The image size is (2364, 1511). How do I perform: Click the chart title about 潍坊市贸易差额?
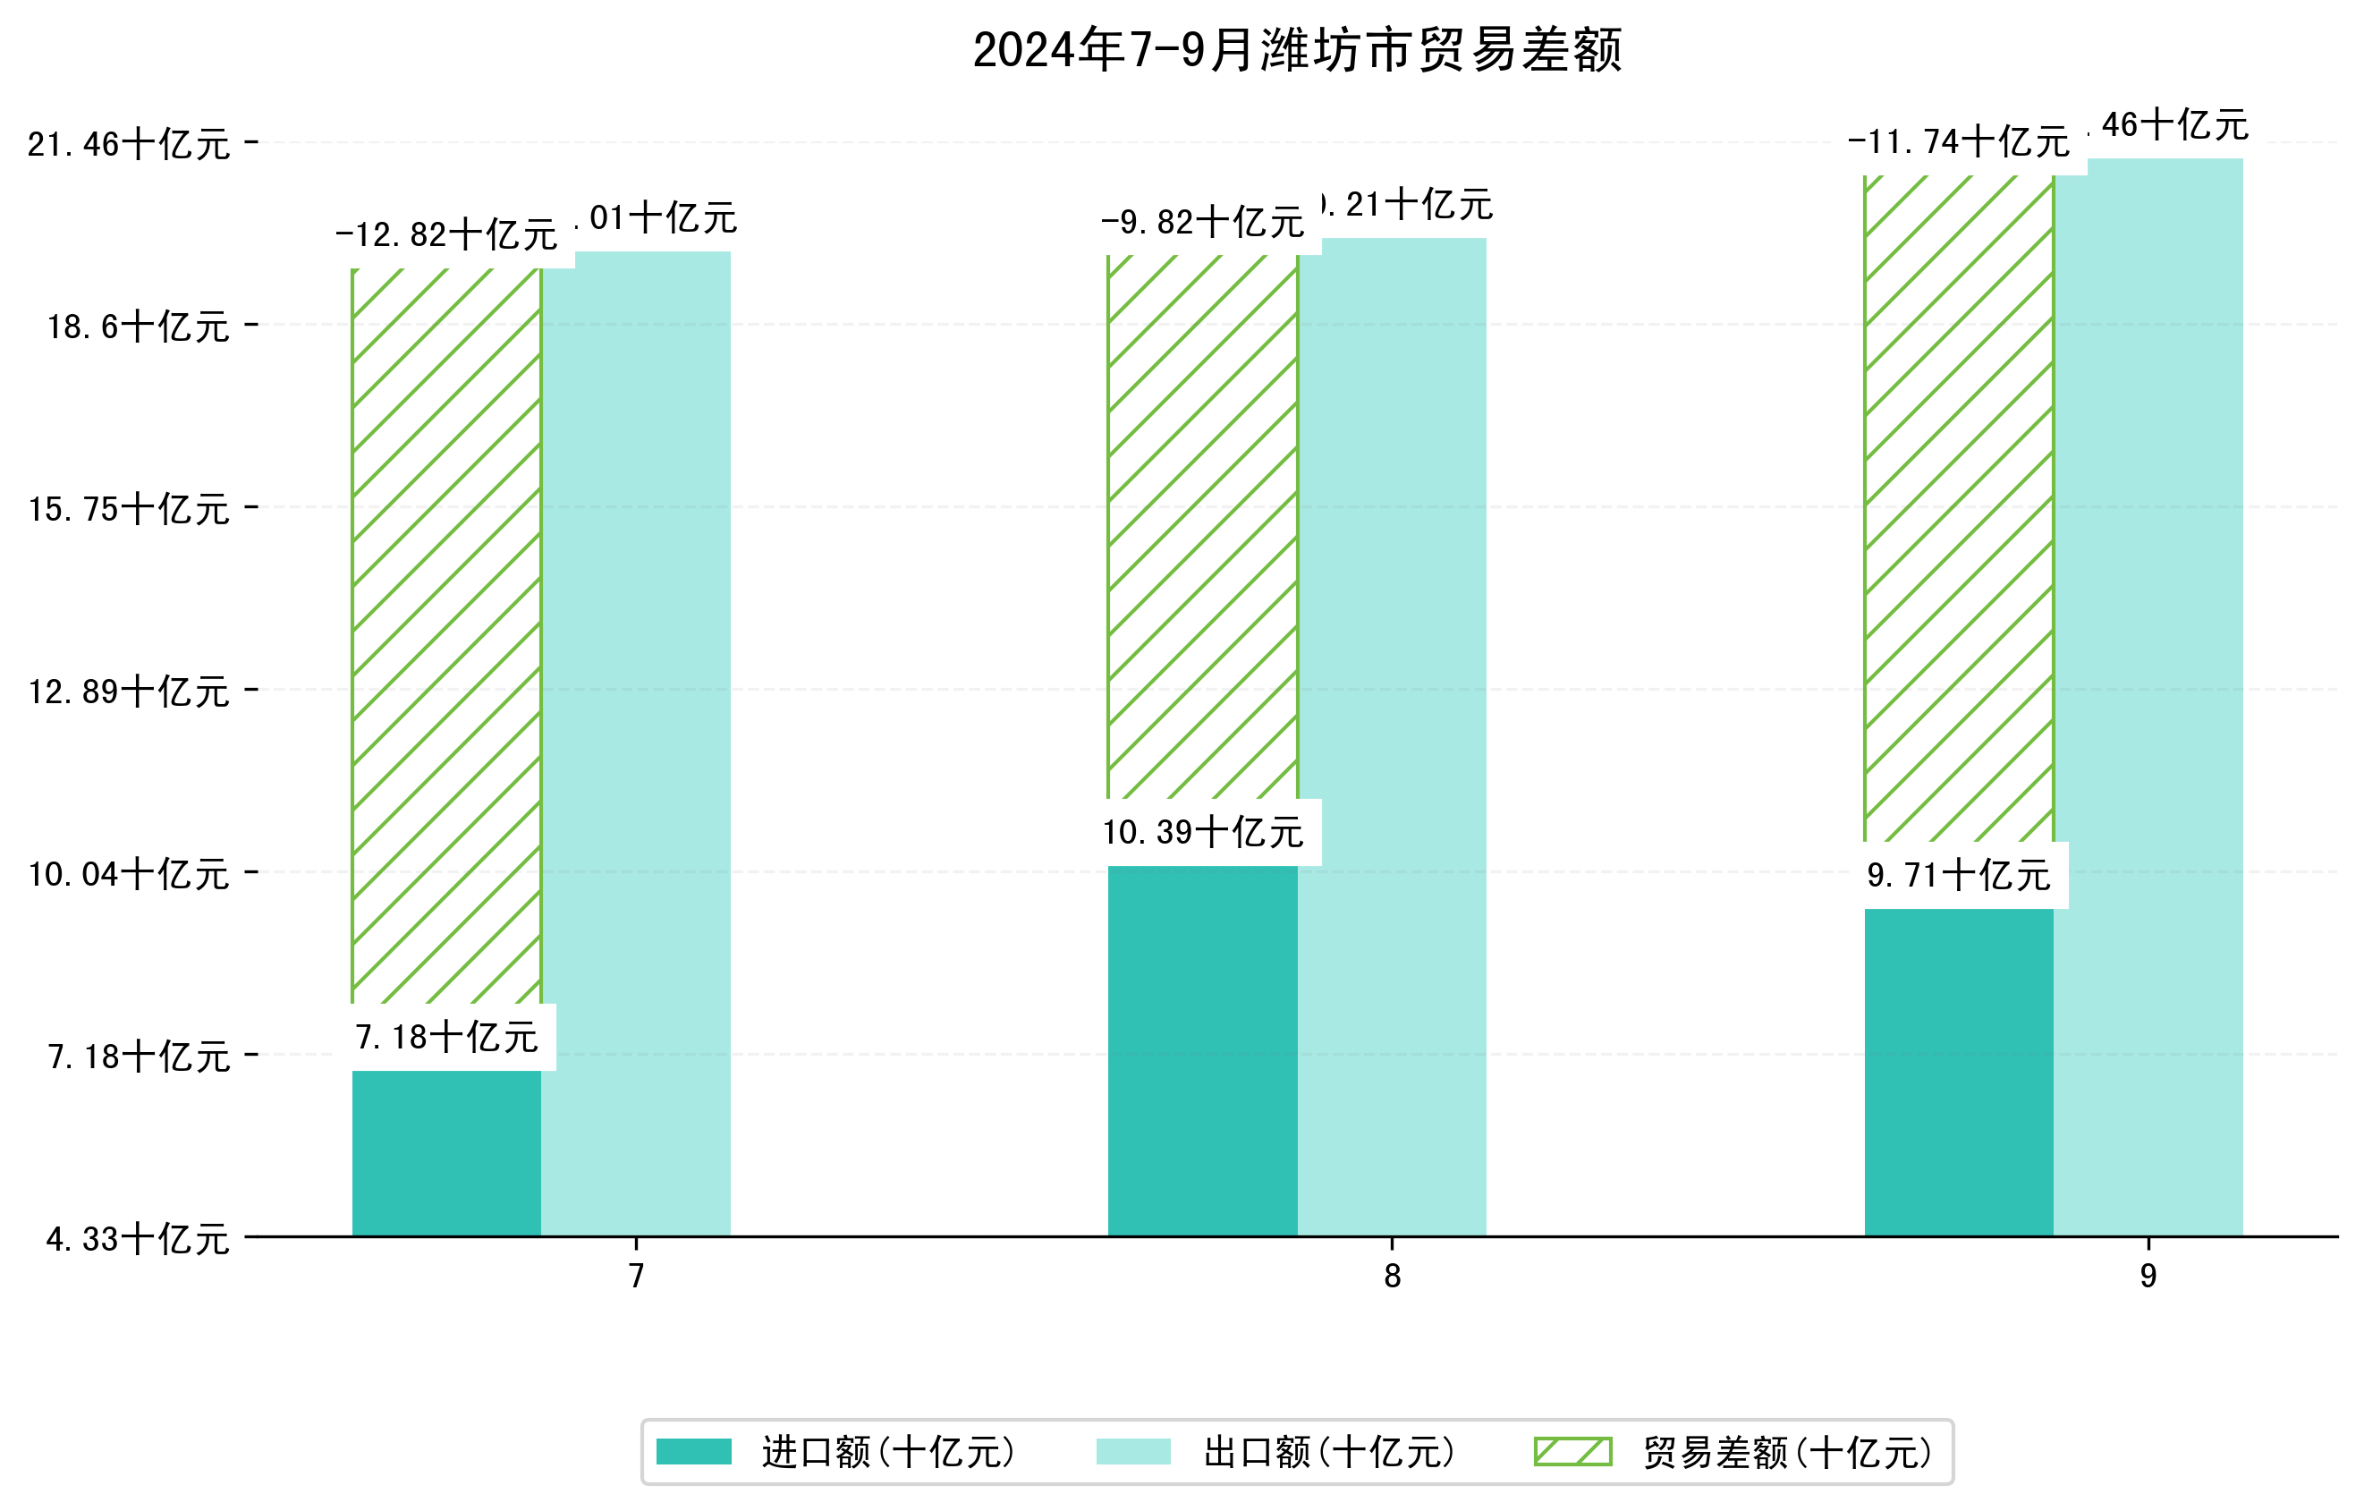click(1296, 51)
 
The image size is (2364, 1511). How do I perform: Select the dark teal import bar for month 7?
click(446, 1154)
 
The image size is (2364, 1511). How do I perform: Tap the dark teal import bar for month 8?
click(1203, 1050)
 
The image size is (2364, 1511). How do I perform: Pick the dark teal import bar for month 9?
click(1959, 1072)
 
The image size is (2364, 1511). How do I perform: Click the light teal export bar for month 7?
click(636, 746)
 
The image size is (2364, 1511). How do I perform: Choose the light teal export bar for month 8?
click(1392, 736)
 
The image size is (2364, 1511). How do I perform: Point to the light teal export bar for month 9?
click(2148, 697)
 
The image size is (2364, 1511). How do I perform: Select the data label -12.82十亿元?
click(446, 235)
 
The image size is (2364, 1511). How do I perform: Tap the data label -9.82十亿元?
click(1203, 223)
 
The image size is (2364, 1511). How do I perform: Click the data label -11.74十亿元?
click(1959, 142)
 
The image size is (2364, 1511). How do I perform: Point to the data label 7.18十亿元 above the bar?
click(446, 1038)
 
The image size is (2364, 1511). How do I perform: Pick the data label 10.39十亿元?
click(1203, 833)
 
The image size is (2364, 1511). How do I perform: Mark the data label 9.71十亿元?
click(1959, 875)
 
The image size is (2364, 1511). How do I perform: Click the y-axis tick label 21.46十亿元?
click(129, 145)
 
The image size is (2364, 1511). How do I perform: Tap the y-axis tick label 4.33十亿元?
click(138, 1239)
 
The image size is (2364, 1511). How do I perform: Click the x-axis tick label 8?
click(1392, 1277)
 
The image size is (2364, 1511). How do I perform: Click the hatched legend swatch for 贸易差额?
click(1572, 1451)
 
